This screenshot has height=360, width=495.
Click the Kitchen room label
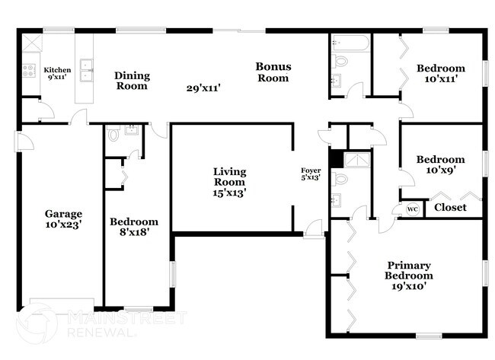(x=57, y=73)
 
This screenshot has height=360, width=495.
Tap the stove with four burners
(x=29, y=70)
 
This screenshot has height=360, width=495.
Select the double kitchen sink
(x=86, y=70)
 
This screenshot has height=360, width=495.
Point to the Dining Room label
(x=132, y=81)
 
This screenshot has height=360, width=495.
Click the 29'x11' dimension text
(x=203, y=88)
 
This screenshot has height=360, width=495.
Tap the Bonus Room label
(x=273, y=72)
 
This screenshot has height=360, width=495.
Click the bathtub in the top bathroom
(x=350, y=43)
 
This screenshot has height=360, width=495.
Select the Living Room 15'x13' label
(x=229, y=182)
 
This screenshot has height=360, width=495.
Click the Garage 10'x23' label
(x=63, y=219)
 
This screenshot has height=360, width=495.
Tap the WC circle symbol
(x=412, y=209)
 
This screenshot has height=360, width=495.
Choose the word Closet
(x=450, y=207)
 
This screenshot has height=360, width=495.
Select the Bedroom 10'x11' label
(x=441, y=73)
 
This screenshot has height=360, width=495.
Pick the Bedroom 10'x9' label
(x=441, y=164)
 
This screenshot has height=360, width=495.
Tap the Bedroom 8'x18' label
(x=134, y=227)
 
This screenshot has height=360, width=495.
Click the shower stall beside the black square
(x=357, y=160)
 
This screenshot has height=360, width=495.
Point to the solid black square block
(x=337, y=159)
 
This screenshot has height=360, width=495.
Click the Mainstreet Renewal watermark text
(x=127, y=324)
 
